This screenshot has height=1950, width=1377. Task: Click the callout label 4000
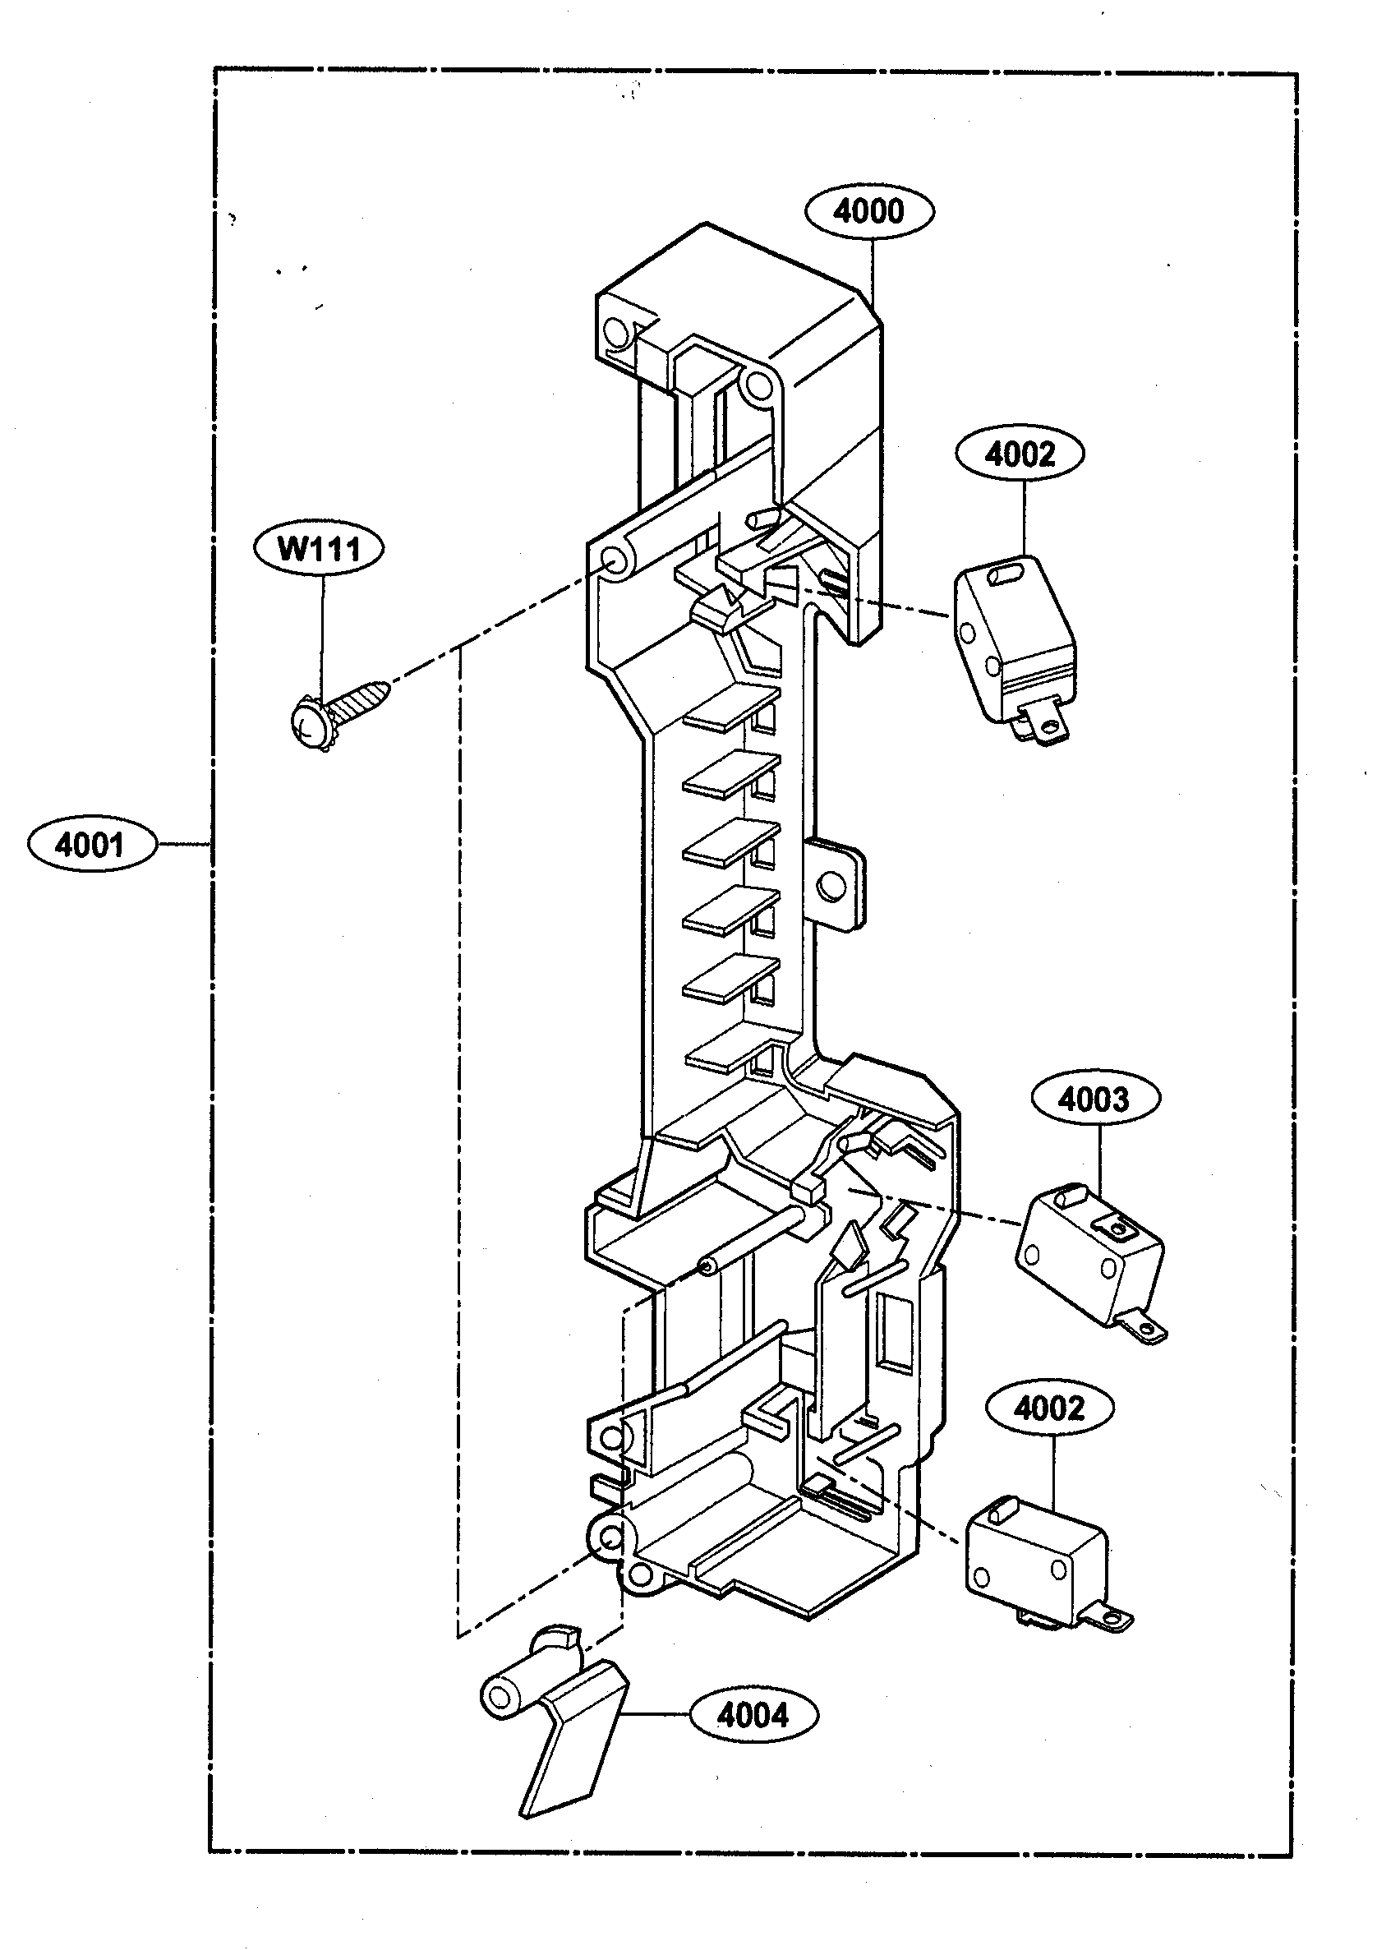868,210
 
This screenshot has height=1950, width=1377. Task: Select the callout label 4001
92,845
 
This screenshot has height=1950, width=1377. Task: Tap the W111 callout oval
318,550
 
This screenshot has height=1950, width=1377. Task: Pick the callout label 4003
1095,1099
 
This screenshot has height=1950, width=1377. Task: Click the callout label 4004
754,1716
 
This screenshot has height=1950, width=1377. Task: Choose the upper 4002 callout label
1020,454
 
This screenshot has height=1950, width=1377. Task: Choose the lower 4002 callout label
1050,1408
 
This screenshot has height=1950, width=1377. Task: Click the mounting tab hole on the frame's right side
831,887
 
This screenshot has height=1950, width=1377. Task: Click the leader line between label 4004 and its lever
659,1716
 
